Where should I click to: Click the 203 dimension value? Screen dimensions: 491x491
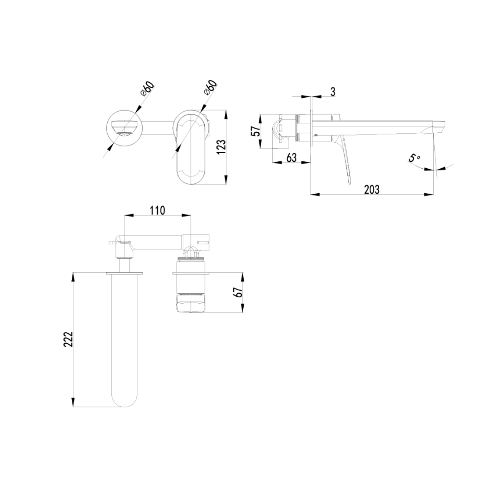click(x=372, y=190)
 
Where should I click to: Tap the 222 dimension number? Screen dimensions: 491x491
click(x=68, y=339)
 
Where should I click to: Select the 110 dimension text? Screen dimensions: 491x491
click(x=157, y=210)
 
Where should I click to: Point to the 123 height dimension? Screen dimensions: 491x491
click(x=221, y=146)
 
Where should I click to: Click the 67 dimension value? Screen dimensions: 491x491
click(x=239, y=292)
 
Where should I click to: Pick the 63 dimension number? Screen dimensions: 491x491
click(x=291, y=157)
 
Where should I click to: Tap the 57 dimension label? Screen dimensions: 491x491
click(x=256, y=131)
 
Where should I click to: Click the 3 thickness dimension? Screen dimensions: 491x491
click(x=332, y=92)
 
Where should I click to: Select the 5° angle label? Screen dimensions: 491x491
click(x=414, y=158)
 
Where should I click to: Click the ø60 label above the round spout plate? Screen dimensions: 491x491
click(x=147, y=89)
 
